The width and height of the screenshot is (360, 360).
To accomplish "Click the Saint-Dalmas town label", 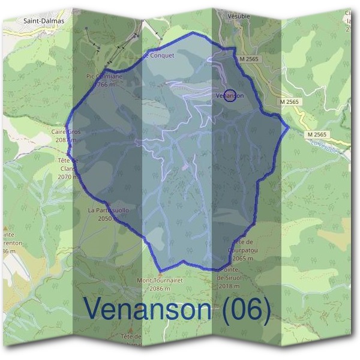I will (x=43, y=20).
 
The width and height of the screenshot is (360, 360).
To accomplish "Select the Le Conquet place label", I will (x=159, y=55).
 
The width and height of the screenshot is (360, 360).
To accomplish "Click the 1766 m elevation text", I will (x=104, y=85).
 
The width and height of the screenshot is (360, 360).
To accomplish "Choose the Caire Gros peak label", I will (x=66, y=131).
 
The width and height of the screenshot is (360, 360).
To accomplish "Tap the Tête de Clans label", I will (x=68, y=164).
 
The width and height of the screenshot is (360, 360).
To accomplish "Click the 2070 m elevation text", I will (x=68, y=177).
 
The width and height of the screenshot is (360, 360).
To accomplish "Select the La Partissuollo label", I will (x=108, y=211).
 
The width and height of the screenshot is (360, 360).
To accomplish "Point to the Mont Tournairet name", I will (x=160, y=280).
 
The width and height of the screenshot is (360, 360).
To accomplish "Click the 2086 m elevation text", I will (x=160, y=288).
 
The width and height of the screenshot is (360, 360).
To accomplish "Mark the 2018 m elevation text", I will (x=229, y=286).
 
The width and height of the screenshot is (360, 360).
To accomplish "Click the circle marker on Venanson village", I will (x=229, y=95).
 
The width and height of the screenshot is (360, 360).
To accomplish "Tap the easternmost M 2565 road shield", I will (x=319, y=134).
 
